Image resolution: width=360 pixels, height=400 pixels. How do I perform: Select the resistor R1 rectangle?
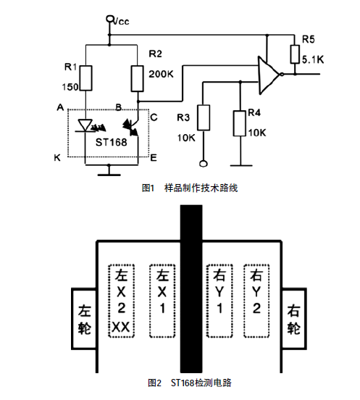(86, 78)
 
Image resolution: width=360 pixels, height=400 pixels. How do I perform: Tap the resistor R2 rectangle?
(137, 78)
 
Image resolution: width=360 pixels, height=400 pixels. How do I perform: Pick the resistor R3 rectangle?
(204, 117)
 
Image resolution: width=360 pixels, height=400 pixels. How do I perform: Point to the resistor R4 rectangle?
(240, 123)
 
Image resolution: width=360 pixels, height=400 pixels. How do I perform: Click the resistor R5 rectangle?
(295, 54)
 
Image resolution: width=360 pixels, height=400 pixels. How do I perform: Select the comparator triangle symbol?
(269, 75)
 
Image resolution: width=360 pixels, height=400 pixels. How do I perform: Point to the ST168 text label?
(111, 142)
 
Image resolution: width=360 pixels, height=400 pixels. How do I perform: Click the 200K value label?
(161, 74)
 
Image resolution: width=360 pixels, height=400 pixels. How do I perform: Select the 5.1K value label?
(313, 59)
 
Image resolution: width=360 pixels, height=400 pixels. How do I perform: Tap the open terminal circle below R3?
(204, 164)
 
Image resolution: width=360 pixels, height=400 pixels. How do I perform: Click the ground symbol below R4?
(241, 166)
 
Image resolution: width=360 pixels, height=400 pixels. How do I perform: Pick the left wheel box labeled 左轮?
(84, 319)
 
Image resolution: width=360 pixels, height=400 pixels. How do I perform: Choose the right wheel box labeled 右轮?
(294, 319)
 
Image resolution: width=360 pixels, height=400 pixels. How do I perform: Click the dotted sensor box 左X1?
(162, 301)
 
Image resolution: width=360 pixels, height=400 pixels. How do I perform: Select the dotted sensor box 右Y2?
(256, 301)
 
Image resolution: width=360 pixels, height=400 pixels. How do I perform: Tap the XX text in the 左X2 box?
(121, 327)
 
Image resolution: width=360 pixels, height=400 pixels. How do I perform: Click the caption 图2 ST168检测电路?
(190, 383)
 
